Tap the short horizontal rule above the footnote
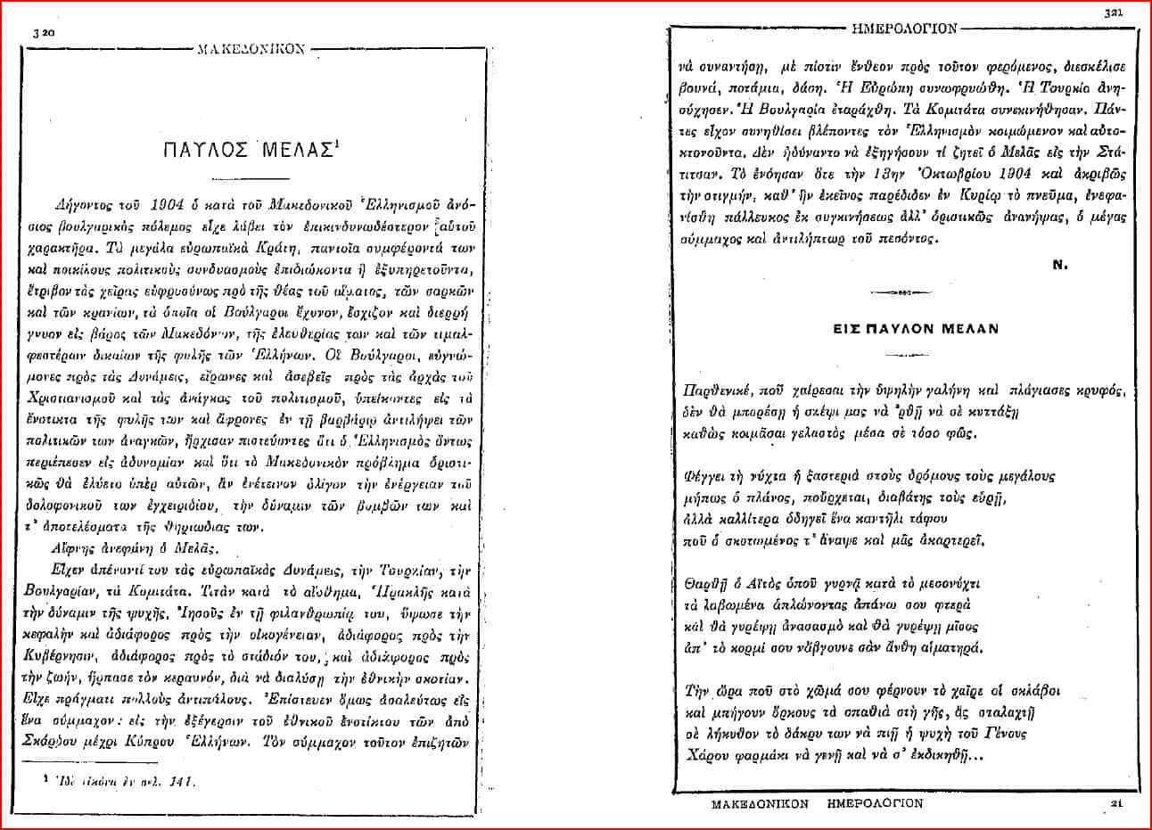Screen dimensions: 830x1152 pyautogui.click(x=70, y=760)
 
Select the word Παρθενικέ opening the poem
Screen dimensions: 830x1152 pyautogui.click(x=710, y=390)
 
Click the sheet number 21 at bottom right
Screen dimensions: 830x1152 pyautogui.click(x=1115, y=805)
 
